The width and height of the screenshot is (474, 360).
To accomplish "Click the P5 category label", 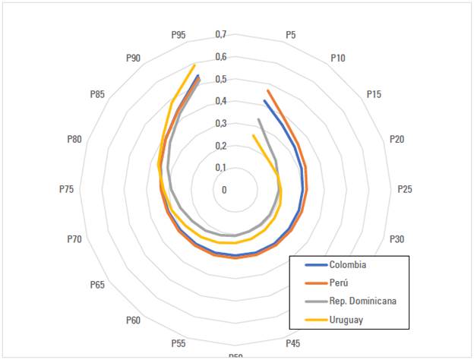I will [x=291, y=35].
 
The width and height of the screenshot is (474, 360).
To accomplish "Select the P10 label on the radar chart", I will [x=339, y=58].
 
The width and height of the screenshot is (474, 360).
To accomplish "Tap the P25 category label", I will [x=405, y=189].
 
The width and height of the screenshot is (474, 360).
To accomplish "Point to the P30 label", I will [x=397, y=239].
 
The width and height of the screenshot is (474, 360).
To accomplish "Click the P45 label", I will [x=292, y=343].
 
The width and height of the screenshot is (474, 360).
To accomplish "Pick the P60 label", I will [x=133, y=321].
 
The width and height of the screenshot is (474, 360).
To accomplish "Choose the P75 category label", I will [x=66, y=189].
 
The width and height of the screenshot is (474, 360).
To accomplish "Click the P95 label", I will [x=179, y=35].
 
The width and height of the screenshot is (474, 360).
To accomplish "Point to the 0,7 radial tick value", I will [x=221, y=34].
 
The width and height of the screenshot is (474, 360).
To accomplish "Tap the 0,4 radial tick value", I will [x=221, y=101].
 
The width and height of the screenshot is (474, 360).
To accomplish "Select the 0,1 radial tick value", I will [x=221, y=167].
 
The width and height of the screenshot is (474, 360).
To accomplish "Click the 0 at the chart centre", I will [x=224, y=190].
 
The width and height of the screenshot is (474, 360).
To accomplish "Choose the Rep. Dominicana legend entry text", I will [x=362, y=301].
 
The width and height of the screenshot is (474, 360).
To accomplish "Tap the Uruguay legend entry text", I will [x=346, y=319].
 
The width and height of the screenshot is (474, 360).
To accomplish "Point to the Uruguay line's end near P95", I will [x=195, y=65].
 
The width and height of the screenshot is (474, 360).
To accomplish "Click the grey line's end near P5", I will [x=258, y=119].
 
